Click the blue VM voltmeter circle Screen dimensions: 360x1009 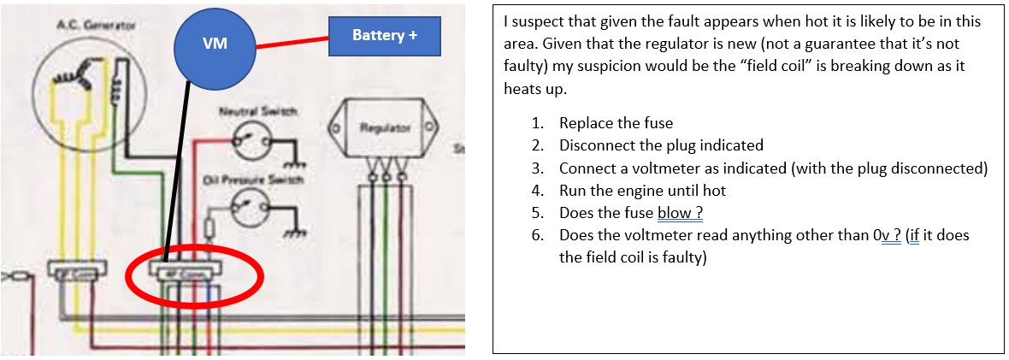click(215, 44)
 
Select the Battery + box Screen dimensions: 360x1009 click(384, 36)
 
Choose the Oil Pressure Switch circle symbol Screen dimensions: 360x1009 click(251, 204)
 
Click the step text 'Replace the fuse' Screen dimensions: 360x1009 click(616, 123)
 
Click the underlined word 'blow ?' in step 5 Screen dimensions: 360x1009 click(674, 212)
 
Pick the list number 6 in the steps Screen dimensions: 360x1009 click(537, 234)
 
